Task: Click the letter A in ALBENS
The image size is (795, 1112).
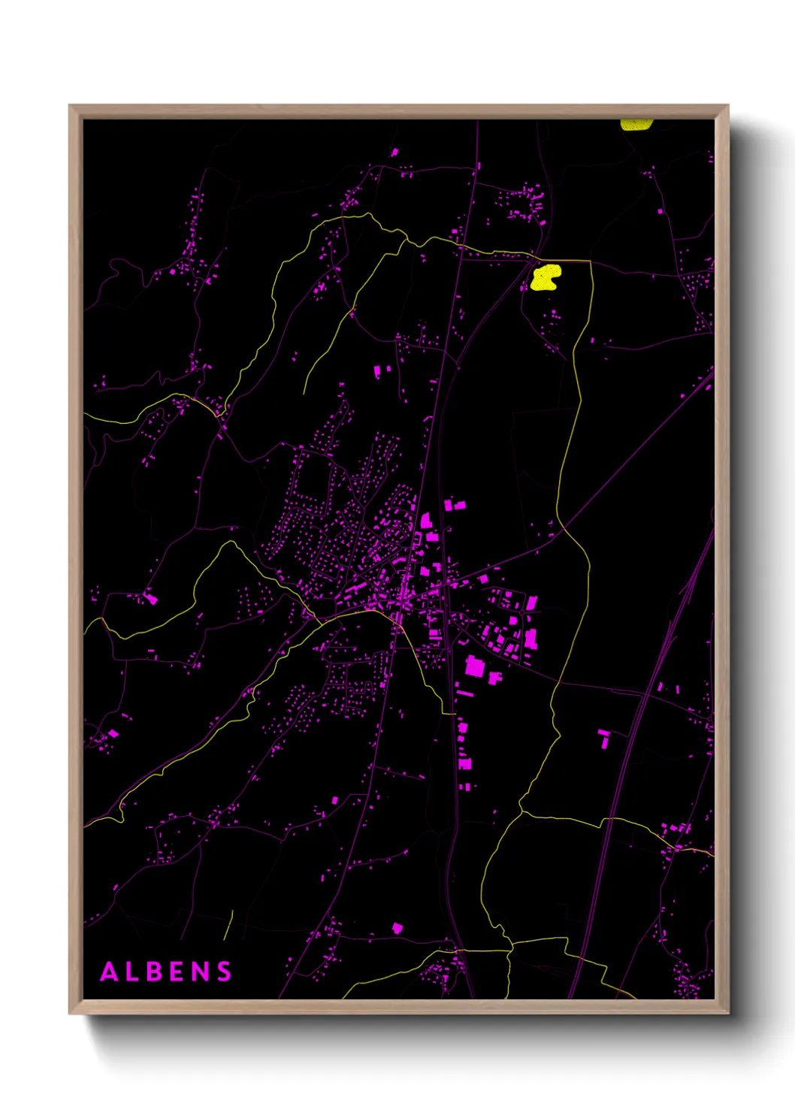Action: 110,971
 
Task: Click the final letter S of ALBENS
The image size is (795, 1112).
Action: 224,971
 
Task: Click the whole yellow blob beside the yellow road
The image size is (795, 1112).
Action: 545,277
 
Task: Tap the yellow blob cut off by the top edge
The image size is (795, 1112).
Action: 636,125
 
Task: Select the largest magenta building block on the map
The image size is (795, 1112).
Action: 475,666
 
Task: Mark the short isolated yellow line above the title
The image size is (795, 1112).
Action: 228,925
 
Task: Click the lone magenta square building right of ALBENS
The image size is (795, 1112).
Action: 397,928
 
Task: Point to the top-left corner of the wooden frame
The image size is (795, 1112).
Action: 70,106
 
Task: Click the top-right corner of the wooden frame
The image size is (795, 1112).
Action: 727,106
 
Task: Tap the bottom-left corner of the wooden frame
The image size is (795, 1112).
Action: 70,1013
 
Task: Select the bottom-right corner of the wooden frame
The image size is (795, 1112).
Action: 727,1013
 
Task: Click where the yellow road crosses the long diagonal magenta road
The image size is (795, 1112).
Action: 564,527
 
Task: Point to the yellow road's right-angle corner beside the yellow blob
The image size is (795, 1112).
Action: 591,262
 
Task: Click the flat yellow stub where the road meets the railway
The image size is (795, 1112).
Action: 449,712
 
